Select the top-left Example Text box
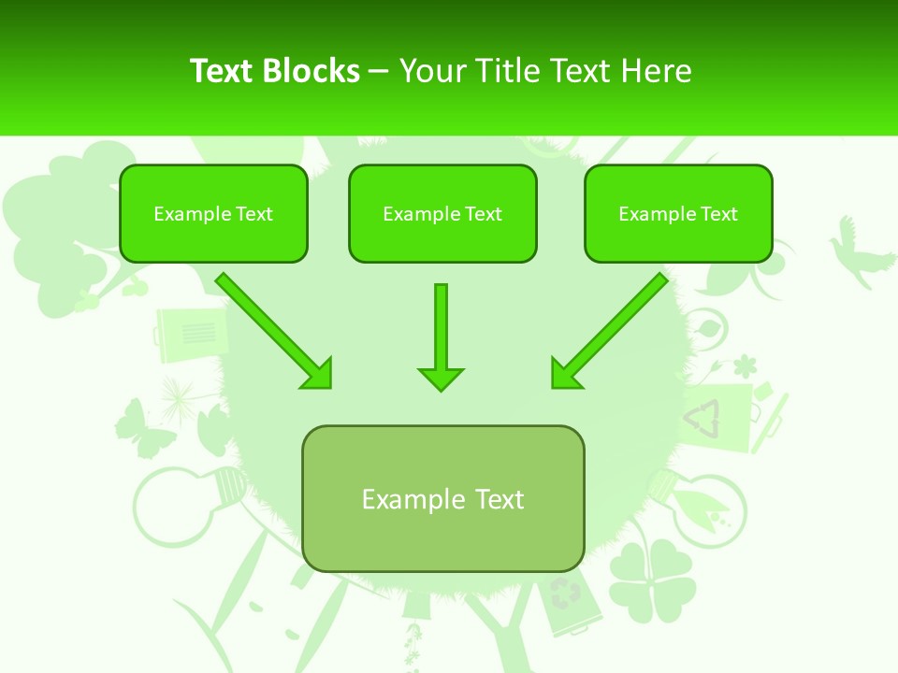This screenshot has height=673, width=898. [x=213, y=214]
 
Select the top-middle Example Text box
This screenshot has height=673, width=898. [x=442, y=214]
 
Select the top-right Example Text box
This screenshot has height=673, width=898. [x=678, y=214]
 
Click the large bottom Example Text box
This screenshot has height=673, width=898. [x=442, y=499]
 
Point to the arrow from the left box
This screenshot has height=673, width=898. [x=271, y=329]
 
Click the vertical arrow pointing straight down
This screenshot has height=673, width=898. [x=441, y=336]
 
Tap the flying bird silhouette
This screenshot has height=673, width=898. [x=858, y=248]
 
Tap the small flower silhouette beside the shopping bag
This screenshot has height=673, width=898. [x=745, y=365]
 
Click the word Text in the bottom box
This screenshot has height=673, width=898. [x=498, y=499]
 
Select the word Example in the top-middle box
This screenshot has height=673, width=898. [x=416, y=214]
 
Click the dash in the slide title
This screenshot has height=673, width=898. [x=379, y=71]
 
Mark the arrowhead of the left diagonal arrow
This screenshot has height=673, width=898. [x=318, y=374]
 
